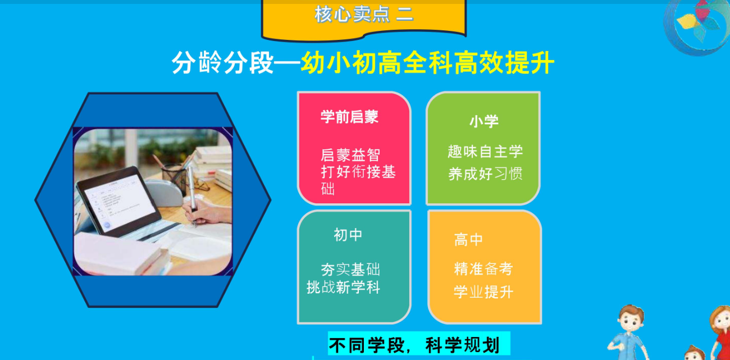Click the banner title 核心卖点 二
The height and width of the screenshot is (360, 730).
tap(364, 15)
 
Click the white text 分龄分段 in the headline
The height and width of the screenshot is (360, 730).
tap(222, 62)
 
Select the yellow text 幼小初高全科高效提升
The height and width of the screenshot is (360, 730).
tap(427, 62)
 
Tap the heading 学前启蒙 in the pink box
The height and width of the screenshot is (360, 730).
tap(349, 117)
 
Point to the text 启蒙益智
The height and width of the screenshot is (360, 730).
tap(350, 155)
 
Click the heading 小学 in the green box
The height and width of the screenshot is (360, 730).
tap(484, 121)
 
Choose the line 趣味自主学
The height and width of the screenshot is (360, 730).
tap(485, 152)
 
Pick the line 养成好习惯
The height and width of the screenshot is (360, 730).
tap(485, 174)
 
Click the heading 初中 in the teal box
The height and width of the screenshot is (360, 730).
tap(348, 235)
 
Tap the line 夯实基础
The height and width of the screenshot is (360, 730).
tap(350, 270)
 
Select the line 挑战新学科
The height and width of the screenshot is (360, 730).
tap(344, 288)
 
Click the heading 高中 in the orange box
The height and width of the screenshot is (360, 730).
tap(468, 240)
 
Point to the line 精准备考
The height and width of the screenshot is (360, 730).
tap(483, 269)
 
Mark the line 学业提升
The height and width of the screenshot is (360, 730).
tap(483, 291)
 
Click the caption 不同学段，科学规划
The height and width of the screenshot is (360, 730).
tap(414, 345)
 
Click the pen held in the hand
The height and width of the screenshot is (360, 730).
tap(192, 195)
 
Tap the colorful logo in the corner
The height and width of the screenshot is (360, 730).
tap(697, 25)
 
